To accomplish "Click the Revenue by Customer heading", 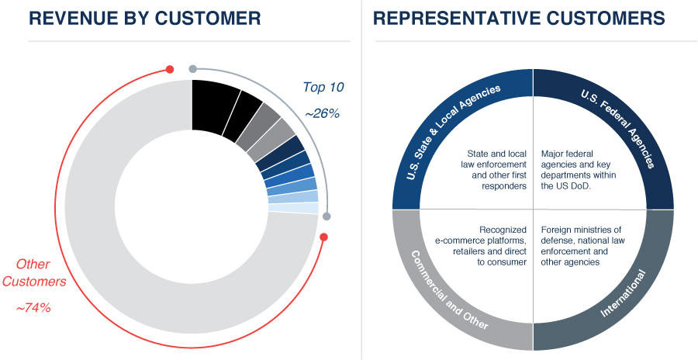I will coord(144,18).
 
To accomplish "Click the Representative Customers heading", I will coord(519,18).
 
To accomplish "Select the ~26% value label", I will coord(322,113).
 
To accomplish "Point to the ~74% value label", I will coord(33,308).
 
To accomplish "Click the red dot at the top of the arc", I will coord(170,68).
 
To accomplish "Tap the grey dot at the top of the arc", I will coord(193,68).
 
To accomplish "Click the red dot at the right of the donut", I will coord(324,237).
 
